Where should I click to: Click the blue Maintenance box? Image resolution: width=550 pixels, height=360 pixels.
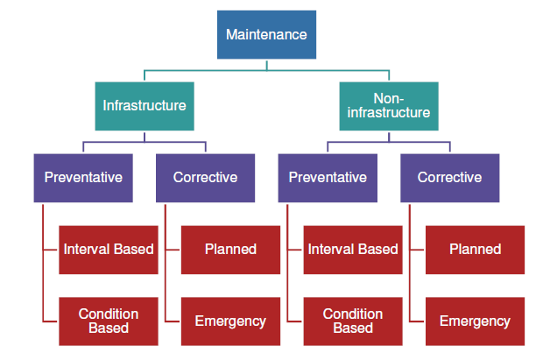266,34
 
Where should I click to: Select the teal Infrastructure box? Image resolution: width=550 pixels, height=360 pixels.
145,106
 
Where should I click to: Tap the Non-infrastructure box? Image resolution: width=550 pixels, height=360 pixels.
389,106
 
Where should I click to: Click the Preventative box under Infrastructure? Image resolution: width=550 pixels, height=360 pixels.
83,178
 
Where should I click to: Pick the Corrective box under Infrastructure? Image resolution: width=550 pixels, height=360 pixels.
205,178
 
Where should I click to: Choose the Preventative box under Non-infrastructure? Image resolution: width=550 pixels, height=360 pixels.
328,178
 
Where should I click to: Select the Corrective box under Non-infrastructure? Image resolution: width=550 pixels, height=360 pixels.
449,178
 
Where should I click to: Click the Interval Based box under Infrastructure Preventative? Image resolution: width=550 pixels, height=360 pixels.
109,250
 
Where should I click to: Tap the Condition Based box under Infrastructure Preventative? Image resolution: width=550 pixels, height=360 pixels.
109,321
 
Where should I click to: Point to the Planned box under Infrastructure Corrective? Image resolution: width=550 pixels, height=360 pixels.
230,250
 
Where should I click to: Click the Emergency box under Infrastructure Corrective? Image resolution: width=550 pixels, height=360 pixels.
230,321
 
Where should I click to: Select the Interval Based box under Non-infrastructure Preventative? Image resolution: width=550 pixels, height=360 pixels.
353,250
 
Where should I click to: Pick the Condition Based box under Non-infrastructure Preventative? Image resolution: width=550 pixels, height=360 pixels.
353,321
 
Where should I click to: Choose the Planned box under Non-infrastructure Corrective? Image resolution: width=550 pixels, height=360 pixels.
475,250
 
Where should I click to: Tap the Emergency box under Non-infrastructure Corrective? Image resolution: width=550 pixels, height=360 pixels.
475,321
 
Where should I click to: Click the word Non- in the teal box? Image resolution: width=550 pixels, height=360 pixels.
389,99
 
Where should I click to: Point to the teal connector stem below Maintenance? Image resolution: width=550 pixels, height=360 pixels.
266,66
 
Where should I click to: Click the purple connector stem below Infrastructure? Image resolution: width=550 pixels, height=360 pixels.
145,138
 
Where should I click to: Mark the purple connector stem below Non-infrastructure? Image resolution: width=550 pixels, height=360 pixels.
389,138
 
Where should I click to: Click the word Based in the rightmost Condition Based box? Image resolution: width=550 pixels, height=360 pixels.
353,328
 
